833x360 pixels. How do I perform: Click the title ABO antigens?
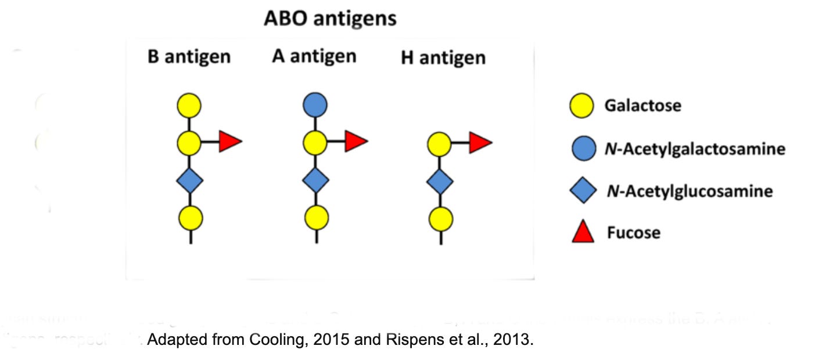tap(330, 19)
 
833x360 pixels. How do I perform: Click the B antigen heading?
tap(189, 57)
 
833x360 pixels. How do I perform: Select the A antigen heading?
tap(314, 56)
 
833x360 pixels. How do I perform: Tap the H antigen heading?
tap(443, 58)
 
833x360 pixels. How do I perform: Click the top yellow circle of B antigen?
tap(189, 106)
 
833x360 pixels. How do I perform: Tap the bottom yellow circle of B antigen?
tap(191, 218)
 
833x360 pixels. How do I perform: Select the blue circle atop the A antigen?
tap(315, 106)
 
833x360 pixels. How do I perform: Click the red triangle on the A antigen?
tap(356, 141)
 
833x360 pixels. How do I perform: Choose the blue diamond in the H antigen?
tap(440, 182)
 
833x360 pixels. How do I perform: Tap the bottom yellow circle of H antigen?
tap(440, 219)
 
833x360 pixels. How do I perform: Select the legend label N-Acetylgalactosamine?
tap(695, 149)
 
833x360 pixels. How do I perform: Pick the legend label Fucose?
tap(634, 233)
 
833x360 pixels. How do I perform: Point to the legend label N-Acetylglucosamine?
tap(690, 191)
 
